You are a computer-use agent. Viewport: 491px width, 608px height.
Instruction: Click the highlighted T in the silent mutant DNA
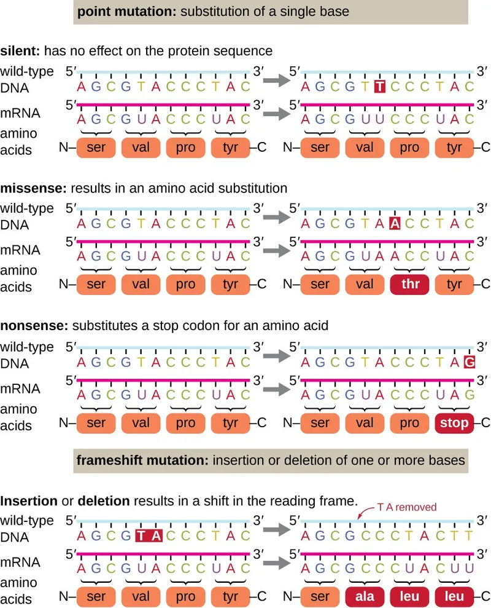pyautogui.click(x=379, y=87)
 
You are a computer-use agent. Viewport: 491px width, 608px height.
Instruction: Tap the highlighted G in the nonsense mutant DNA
pyautogui.click(x=470, y=363)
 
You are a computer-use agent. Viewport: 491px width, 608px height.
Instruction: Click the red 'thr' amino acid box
pyautogui.click(x=409, y=284)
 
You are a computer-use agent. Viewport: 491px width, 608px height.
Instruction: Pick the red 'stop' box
pyautogui.click(x=454, y=423)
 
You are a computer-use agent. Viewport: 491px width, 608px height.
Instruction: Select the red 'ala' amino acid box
pyautogui.click(x=365, y=596)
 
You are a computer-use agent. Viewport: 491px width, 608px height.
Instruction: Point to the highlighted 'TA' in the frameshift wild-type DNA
pyautogui.click(x=147, y=536)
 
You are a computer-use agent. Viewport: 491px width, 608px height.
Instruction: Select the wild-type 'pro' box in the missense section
pyautogui.click(x=185, y=284)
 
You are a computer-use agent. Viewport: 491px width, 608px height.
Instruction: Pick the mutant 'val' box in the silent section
pyautogui.click(x=365, y=147)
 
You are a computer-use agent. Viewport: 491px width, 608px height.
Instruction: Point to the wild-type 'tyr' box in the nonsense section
pyautogui.click(x=230, y=423)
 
